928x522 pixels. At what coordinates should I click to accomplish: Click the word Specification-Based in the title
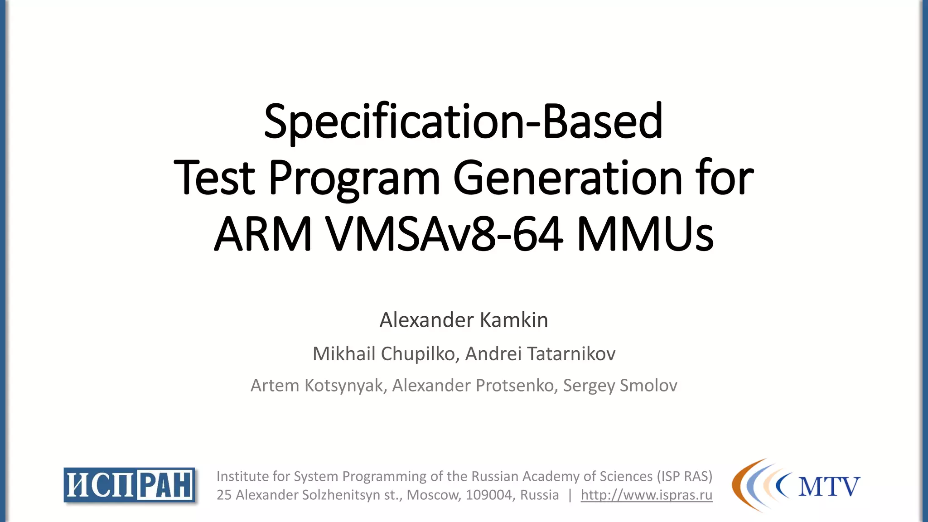point(463,121)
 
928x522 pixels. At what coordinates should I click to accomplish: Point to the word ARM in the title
point(263,234)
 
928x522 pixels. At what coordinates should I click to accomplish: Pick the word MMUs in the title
point(645,234)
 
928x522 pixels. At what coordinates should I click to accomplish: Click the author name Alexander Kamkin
point(464,320)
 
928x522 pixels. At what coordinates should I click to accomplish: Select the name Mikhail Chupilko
point(384,354)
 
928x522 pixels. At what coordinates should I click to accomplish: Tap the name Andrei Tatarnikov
point(541,354)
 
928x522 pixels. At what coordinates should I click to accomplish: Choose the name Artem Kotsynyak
point(317,386)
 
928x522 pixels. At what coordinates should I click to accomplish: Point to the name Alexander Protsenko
point(474,386)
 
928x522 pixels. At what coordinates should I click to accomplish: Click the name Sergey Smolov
point(620,386)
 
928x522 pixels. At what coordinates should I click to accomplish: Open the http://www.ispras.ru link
point(647,495)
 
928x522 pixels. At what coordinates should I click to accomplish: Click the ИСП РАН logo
point(130,485)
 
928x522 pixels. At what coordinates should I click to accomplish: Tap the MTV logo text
point(829,487)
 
